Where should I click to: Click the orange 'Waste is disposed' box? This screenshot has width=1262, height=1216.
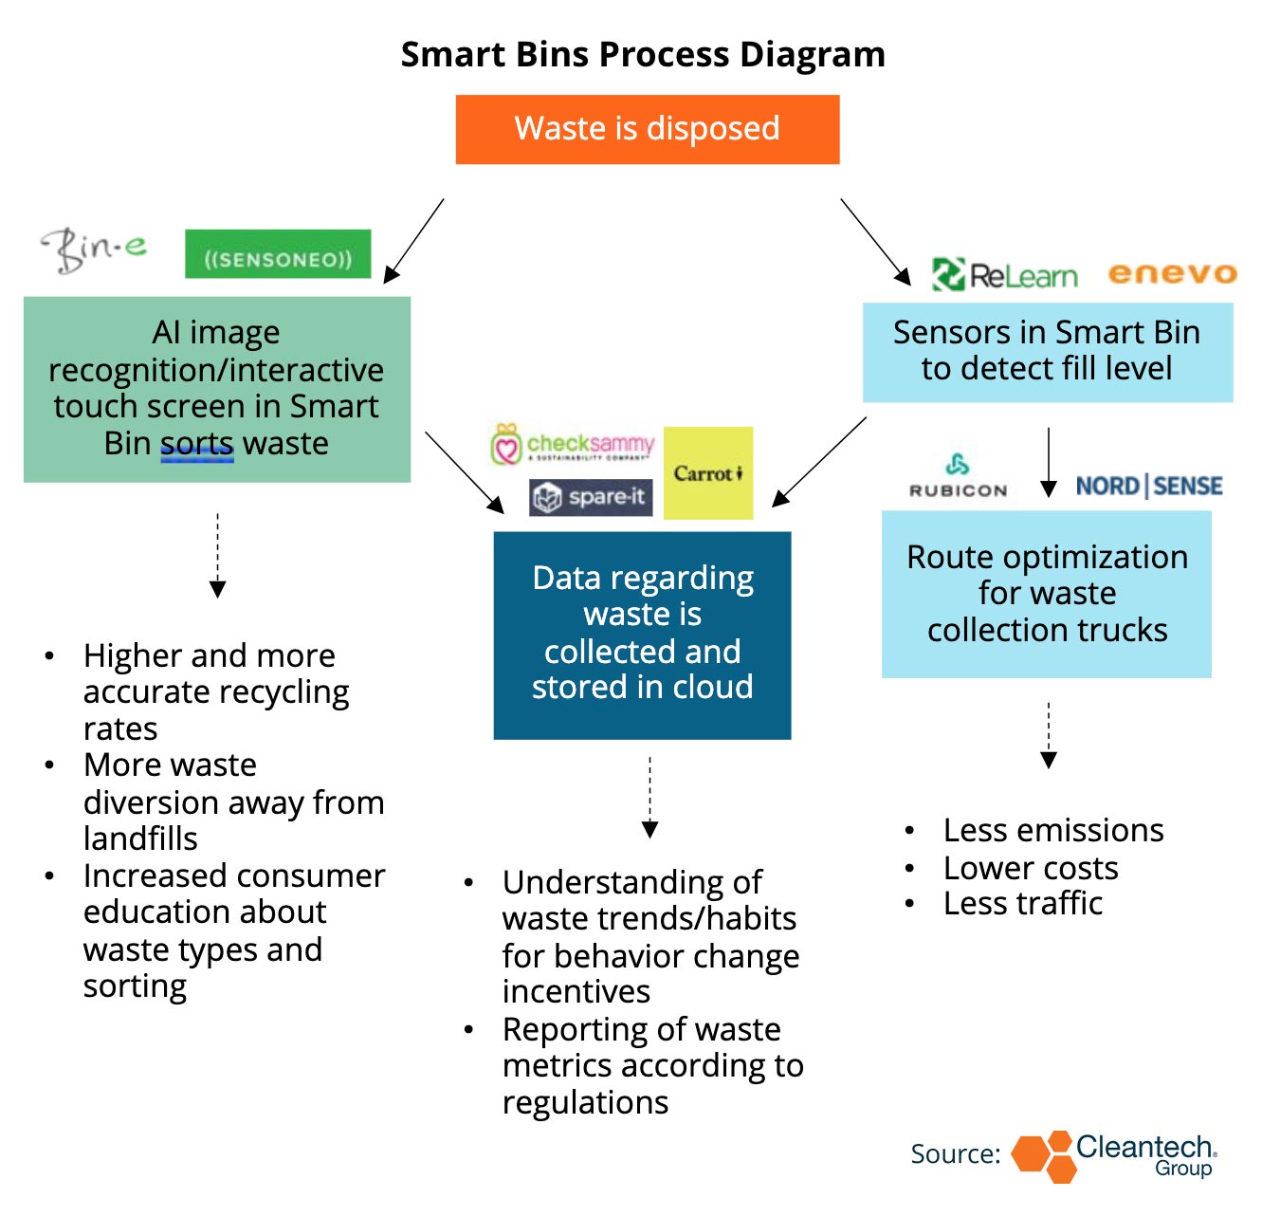(647, 129)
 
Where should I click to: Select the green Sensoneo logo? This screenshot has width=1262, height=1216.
(278, 254)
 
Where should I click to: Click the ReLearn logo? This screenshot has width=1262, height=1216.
(1005, 275)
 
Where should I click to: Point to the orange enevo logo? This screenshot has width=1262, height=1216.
(1172, 274)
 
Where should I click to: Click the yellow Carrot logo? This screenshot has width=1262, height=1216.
(708, 472)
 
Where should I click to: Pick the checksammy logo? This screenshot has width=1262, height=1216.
(573, 445)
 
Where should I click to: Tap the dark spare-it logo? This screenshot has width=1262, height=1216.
(591, 496)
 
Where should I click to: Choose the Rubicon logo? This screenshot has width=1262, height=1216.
(958, 476)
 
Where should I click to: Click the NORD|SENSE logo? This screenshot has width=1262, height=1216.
(1149, 487)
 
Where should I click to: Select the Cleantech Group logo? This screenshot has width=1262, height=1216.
(1115, 1155)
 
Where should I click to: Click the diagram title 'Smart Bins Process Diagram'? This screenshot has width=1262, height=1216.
(643, 54)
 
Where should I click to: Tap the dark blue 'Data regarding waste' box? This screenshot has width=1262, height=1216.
(642, 635)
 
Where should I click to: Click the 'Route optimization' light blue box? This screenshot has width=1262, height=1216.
(1047, 594)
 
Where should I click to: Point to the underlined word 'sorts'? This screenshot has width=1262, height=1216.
(197, 444)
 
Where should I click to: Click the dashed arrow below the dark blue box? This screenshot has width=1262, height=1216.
(649, 797)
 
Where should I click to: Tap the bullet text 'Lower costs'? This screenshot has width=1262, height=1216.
(1031, 868)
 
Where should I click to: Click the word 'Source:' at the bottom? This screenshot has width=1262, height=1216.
(955, 1154)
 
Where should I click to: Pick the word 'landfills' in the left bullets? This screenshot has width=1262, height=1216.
(140, 838)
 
